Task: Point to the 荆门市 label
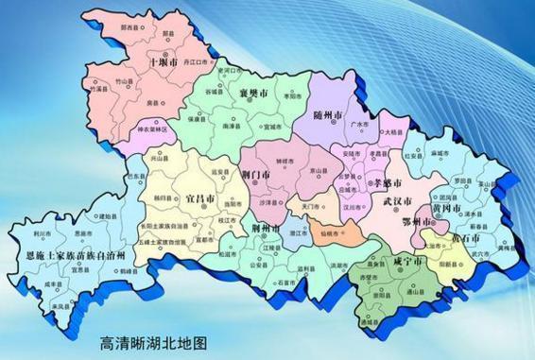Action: click(x=256, y=175)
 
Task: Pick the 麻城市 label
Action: click(x=440, y=152)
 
